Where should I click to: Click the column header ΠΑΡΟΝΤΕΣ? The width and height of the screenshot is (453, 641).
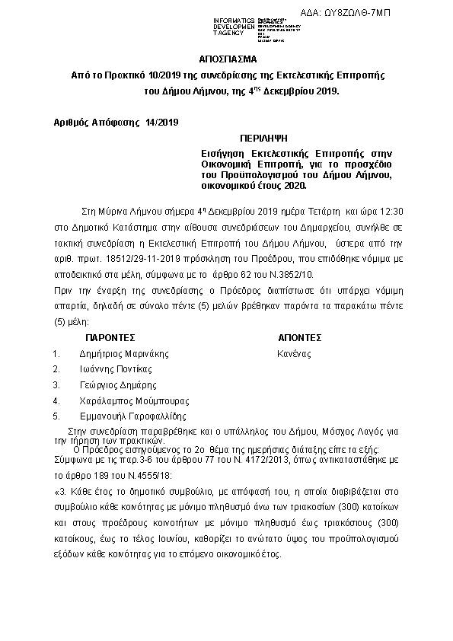[110, 336]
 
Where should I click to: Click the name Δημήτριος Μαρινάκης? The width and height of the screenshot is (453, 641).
[123, 353]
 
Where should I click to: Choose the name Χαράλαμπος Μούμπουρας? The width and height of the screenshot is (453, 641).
[134, 400]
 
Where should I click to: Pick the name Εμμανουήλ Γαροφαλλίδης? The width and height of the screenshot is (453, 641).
[132, 416]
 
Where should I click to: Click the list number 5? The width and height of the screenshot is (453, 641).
[56, 416]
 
